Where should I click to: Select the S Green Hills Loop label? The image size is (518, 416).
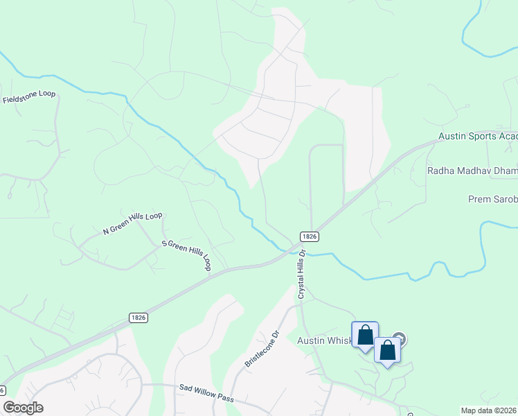[186, 254]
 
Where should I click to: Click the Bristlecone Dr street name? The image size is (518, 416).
[261, 349]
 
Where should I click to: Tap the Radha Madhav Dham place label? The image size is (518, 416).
[472, 171]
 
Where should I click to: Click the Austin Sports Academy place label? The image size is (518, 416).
[478, 138]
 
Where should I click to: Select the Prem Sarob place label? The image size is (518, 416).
[492, 200]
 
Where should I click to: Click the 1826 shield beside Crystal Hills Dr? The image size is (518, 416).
[310, 236]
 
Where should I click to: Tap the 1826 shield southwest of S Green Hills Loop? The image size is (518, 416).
[138, 317]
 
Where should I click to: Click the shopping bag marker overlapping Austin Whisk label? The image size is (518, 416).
[365, 336]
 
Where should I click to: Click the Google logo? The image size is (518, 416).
[24, 408]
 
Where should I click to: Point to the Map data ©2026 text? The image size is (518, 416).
[489, 410]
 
